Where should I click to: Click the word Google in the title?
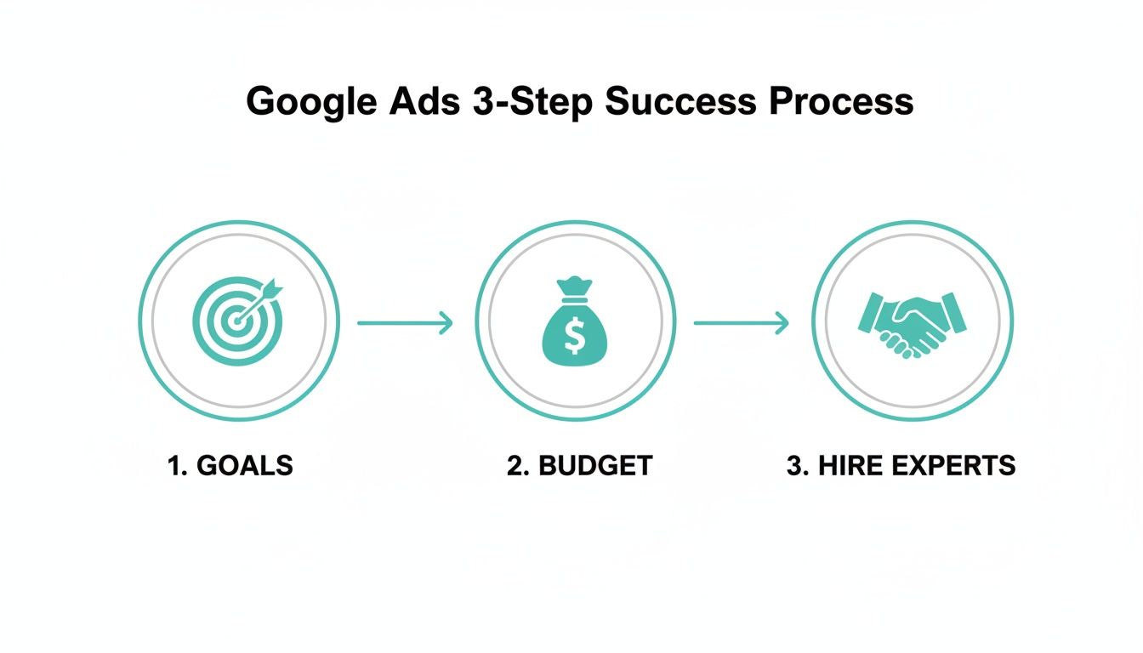(310, 102)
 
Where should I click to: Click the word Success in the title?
(680, 101)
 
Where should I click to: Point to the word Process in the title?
(841, 102)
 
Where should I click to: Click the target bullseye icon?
(233, 324)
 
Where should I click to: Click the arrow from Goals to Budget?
(404, 323)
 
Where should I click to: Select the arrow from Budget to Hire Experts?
(741, 323)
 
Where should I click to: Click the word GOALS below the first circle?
(244, 466)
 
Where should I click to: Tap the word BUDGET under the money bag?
(595, 466)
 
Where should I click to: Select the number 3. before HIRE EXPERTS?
(798, 466)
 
